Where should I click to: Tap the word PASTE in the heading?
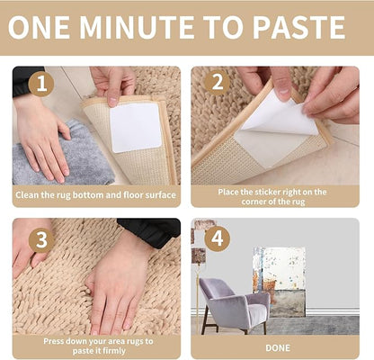coord(299,27)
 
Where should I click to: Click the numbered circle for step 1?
coord(41,84)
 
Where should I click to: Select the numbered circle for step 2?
coord(217,82)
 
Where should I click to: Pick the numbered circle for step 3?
coord(41,240)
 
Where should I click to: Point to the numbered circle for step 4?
coord(217,238)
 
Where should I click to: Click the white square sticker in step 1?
coord(136,127)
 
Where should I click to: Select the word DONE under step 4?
coord(278,348)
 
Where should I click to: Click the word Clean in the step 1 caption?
coord(27,195)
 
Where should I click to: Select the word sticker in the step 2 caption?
coord(269,192)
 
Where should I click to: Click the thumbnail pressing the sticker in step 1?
coord(112,102)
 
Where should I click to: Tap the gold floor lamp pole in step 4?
coord(198,299)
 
